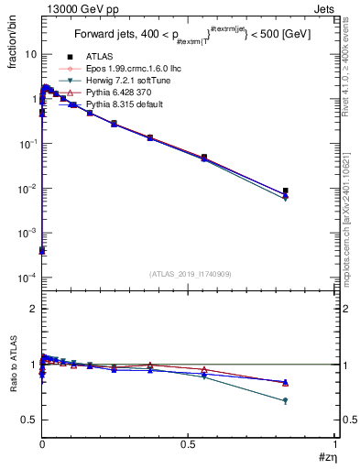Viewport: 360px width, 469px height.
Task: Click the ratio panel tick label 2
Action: [x=32, y=309]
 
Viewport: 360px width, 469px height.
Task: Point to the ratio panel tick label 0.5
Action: [x=28, y=420]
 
